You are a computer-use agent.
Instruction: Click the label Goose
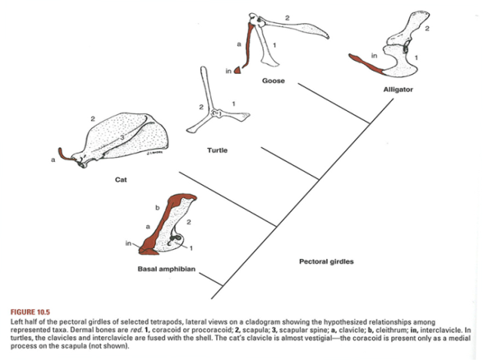[274, 81]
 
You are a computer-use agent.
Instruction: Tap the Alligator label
[398, 90]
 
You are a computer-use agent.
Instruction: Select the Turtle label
[217, 150]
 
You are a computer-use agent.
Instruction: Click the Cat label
[121, 180]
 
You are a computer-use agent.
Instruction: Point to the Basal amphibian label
[166, 269]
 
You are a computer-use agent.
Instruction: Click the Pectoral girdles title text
[327, 261]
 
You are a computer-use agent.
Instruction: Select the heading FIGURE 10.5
[30, 312]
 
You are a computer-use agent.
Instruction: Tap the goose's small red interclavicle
[237, 71]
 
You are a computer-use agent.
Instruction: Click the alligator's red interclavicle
[366, 64]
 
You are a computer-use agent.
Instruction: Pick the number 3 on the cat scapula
[122, 137]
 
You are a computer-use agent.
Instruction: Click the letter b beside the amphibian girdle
[158, 208]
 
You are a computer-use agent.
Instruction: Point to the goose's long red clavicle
[249, 46]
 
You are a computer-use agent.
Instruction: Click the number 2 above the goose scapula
[287, 18]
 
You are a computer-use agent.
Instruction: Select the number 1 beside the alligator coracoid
[416, 58]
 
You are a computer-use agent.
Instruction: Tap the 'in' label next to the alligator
[374, 56]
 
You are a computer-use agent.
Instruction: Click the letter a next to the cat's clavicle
[53, 159]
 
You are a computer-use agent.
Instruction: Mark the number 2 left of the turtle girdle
[201, 107]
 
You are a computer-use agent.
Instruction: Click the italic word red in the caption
[136, 330]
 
